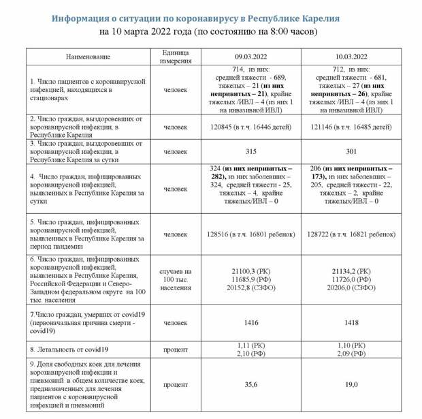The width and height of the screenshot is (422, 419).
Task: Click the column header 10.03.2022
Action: tap(351, 57)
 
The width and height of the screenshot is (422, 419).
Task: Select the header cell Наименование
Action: tap(88, 57)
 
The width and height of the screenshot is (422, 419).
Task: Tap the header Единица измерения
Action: tap(176, 57)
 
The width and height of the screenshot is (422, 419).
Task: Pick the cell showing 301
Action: tap(351, 152)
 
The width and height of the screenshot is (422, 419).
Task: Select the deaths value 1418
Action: tap(351, 322)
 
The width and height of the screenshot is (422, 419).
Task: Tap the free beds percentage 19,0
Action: tap(351, 385)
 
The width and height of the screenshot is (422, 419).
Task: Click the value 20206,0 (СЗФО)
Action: tap(351, 288)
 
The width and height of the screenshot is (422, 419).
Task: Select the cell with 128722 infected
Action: tap(351, 234)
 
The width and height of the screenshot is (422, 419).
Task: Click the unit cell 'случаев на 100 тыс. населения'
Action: tap(176, 279)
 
